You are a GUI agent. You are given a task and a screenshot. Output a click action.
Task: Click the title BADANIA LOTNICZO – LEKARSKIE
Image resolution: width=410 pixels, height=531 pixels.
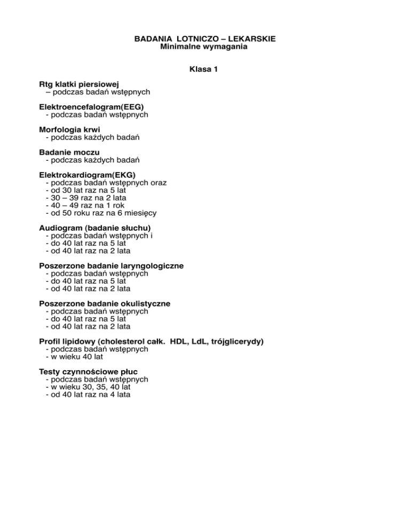click(x=204, y=39)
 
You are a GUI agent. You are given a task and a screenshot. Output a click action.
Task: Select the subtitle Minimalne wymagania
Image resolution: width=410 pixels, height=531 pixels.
click(x=204, y=47)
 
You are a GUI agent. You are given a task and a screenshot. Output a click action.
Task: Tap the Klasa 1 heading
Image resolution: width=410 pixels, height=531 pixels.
click(x=204, y=69)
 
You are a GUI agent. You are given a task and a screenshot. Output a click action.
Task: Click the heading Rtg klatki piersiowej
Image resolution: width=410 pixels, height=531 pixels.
click(x=78, y=84)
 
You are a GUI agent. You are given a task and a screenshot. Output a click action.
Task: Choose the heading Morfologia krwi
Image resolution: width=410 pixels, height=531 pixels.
click(x=70, y=130)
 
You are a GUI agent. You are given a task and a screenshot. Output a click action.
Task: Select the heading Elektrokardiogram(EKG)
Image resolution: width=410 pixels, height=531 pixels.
click(x=88, y=175)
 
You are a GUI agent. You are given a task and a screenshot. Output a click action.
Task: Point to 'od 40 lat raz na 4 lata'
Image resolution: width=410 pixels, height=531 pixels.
click(x=88, y=394)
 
